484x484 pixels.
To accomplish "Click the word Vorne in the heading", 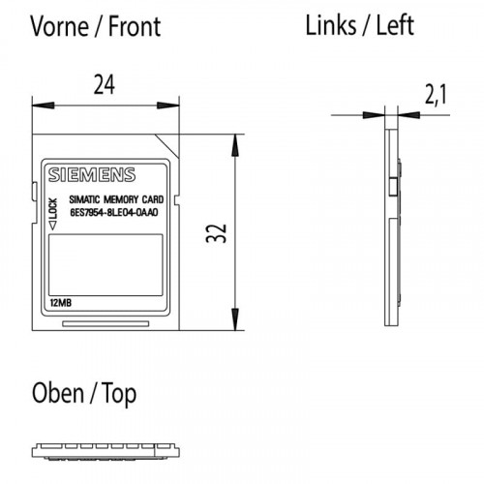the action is [x=60, y=26].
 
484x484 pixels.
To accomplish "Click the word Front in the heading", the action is [x=135, y=26].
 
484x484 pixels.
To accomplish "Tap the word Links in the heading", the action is [x=330, y=25].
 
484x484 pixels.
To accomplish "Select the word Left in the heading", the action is [x=395, y=25].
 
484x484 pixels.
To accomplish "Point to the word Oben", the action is [x=58, y=393].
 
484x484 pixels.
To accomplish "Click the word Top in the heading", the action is [x=119, y=394].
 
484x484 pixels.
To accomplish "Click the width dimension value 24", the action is [x=105, y=85].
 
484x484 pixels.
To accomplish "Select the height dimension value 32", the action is [x=217, y=233].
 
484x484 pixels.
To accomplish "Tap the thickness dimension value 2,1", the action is [x=436, y=96].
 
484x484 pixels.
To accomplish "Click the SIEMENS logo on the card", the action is [x=92, y=175].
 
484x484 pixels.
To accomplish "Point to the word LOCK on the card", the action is [x=52, y=208].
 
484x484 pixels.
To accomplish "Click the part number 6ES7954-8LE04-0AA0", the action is [x=114, y=213].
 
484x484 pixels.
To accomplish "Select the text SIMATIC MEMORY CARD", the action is [x=116, y=199].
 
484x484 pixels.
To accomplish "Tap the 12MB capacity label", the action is [x=61, y=303].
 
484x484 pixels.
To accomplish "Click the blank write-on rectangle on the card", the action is [x=106, y=265].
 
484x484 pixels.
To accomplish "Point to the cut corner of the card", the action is [x=167, y=146].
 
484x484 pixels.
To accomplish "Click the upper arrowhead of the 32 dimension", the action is [x=235, y=145].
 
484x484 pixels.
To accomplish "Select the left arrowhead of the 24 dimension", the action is [x=43, y=106].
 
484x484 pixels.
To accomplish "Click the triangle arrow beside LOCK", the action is [x=52, y=226].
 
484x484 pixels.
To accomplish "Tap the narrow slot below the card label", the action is [x=106, y=323].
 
